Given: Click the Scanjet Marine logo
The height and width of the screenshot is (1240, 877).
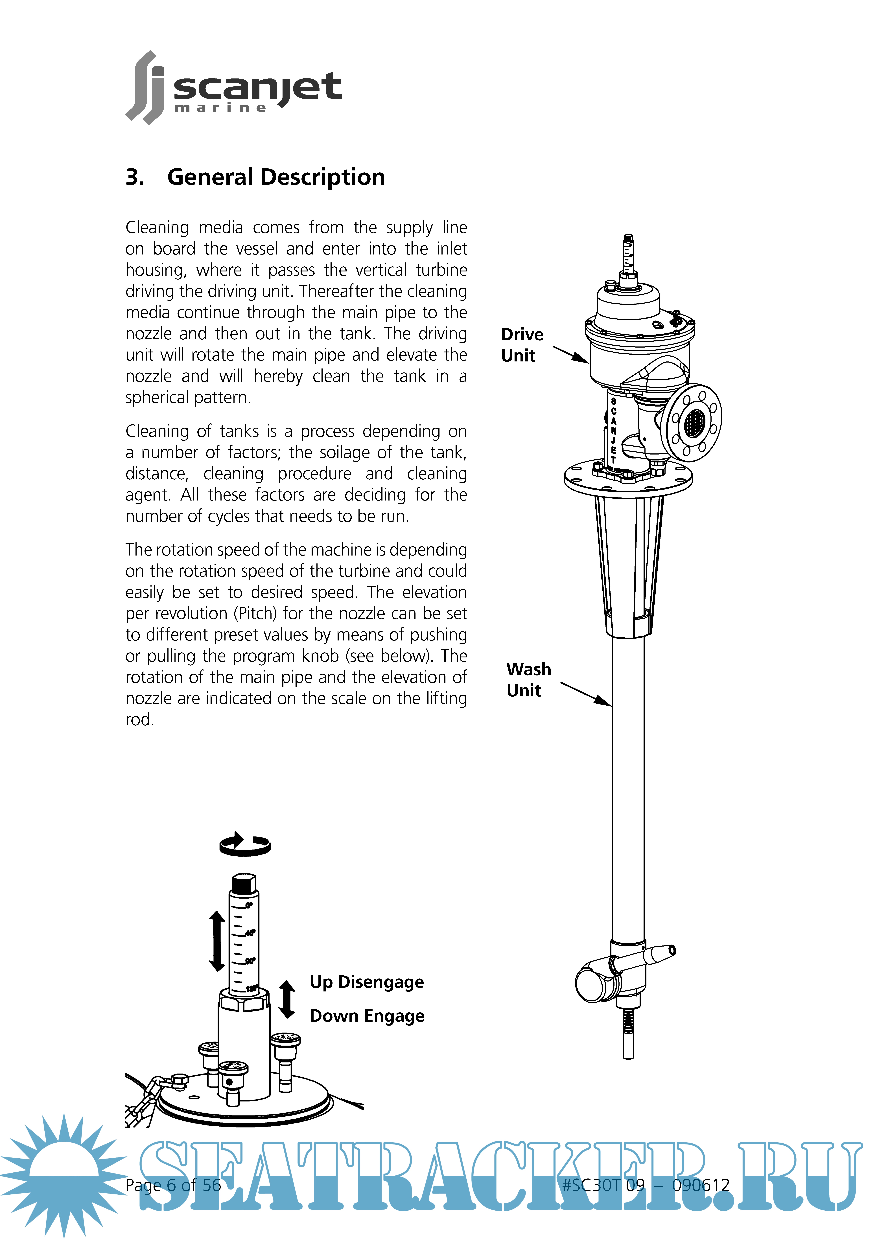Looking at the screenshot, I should point(233,88).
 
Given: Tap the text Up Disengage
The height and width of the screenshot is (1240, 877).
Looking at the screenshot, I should point(367,982).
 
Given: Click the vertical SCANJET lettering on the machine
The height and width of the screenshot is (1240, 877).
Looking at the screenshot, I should point(613,430).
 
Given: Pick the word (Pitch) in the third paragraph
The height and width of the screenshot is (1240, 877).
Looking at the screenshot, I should point(255,614).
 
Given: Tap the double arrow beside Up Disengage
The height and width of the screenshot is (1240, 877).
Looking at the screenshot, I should point(287,999).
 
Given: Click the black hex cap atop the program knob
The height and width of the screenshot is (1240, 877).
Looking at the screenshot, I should point(244,884).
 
